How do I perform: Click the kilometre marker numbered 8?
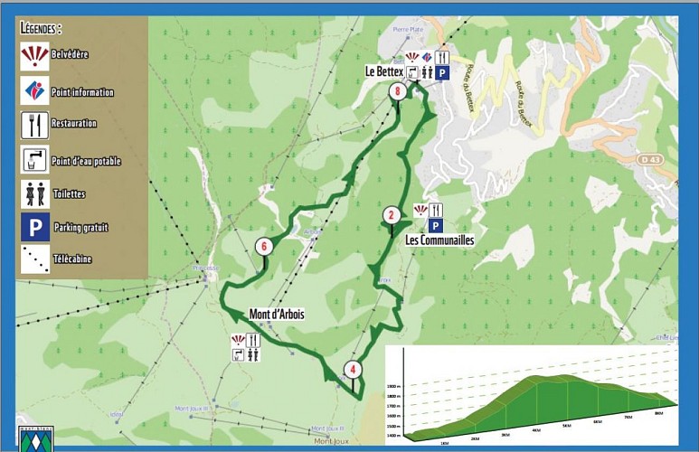tap(396, 91)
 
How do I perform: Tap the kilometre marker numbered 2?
tap(391, 215)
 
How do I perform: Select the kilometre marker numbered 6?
tap(263, 246)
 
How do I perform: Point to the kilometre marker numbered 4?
tap(353, 370)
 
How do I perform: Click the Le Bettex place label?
tap(383, 71)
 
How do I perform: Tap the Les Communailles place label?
tap(440, 240)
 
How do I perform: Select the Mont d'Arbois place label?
tap(277, 315)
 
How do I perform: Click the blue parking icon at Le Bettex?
tap(443, 72)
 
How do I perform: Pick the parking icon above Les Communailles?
tap(435, 226)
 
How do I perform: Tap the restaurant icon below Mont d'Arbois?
tap(253, 341)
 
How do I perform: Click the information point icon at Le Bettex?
tap(426, 58)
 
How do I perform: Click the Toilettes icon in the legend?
tap(34, 193)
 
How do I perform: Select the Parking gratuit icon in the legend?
tap(34, 227)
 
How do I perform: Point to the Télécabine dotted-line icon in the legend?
tap(34, 259)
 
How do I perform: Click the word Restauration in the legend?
tap(73, 123)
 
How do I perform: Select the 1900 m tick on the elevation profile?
tap(393, 387)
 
